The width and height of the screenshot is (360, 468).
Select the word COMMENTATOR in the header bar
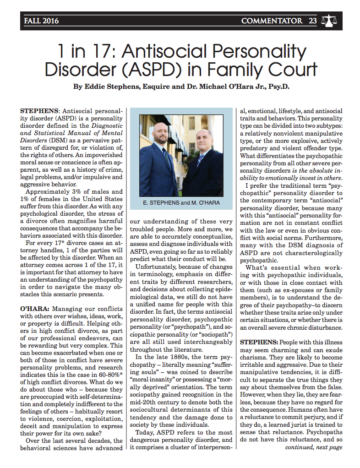click(272, 21)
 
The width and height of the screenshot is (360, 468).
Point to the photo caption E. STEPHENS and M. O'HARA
click(181, 202)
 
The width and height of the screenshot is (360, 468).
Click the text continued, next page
click(314, 447)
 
